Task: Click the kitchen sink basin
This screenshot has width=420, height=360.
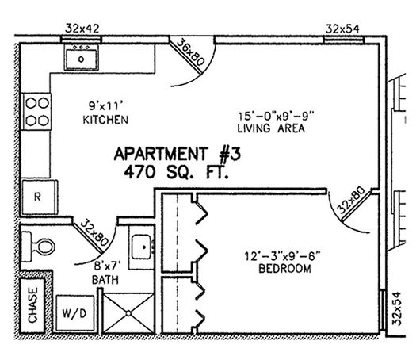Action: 81,59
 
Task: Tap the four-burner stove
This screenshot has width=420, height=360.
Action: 36,112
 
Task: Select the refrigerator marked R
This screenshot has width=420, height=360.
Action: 40,197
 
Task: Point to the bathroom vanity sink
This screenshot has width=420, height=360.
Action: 141,247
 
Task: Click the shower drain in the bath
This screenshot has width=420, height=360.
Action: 128,313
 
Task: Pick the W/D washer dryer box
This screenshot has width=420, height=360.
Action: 75,313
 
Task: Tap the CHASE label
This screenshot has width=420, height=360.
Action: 32,305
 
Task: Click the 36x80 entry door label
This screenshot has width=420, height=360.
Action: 191,52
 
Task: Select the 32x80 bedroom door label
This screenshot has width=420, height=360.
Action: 350,200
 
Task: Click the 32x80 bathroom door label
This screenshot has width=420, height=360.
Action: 94,232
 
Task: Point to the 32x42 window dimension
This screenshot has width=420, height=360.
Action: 82,29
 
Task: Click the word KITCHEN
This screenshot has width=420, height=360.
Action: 105,120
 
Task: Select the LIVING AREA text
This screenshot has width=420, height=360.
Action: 271,128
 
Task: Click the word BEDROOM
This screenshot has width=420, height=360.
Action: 284,269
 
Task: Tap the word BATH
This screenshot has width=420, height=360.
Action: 105,280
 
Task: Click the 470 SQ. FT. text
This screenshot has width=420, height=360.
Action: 176,171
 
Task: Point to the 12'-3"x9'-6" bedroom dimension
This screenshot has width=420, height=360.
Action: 282,256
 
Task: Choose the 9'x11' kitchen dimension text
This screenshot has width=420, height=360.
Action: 103,106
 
